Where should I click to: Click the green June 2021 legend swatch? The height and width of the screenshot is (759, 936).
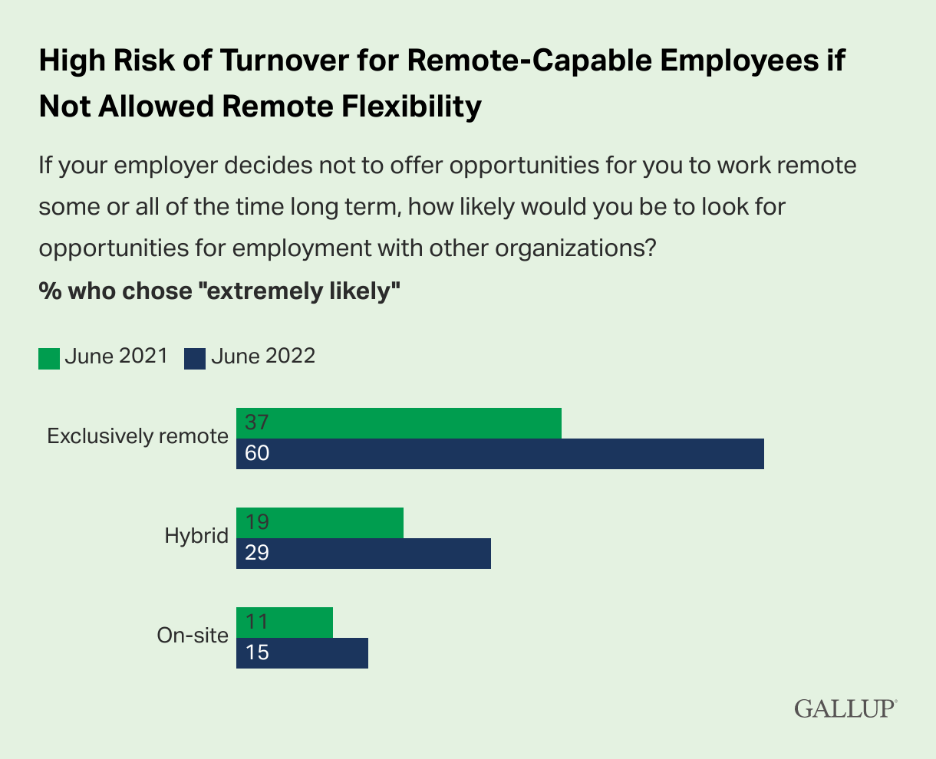(49, 358)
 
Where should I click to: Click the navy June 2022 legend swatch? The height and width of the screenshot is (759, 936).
(195, 358)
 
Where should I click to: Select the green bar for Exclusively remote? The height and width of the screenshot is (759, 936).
(399, 423)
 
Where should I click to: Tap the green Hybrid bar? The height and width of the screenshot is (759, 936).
(320, 523)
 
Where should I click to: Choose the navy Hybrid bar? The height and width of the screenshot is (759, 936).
(364, 554)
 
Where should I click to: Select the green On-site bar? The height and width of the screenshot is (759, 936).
(285, 623)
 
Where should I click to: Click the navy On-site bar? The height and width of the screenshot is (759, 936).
(302, 653)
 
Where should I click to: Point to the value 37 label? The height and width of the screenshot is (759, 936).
(257, 423)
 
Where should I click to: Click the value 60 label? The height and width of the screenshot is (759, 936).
(257, 454)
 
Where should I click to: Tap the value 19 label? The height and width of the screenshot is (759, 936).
(257, 523)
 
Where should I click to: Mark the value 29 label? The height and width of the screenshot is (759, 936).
(257, 554)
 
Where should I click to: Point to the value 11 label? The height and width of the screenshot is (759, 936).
(257, 623)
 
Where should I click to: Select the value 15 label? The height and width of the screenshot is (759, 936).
(257, 653)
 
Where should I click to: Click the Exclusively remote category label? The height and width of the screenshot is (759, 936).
(138, 436)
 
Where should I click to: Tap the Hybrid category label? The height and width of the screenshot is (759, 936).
(196, 535)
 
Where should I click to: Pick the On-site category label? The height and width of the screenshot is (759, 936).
(193, 636)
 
